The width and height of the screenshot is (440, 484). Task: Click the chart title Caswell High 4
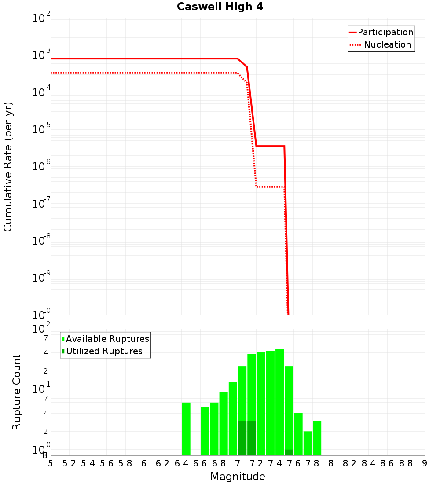[x=220, y=7]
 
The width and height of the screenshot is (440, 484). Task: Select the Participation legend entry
[x=385, y=33]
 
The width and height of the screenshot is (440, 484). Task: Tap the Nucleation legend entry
[x=387, y=45]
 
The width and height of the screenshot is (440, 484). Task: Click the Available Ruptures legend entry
[x=107, y=339]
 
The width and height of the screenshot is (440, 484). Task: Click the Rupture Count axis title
[x=17, y=392]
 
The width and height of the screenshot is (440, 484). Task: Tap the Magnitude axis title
[x=238, y=477]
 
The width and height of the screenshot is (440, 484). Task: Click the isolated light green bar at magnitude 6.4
[x=186, y=429]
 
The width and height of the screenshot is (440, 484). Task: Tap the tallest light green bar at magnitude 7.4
[x=279, y=396]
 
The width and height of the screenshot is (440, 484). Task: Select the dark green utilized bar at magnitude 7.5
[x=289, y=452]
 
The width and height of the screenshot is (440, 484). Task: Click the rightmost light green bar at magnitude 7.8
[x=317, y=438]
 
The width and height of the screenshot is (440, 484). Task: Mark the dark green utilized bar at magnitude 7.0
[x=242, y=438]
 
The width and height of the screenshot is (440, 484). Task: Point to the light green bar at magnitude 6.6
[x=205, y=431]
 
